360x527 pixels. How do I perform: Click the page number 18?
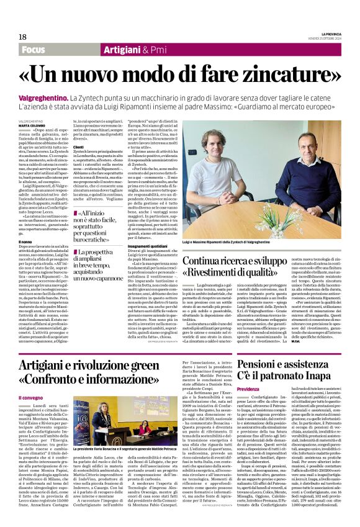(22, 37)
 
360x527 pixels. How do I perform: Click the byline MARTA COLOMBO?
(32, 125)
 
